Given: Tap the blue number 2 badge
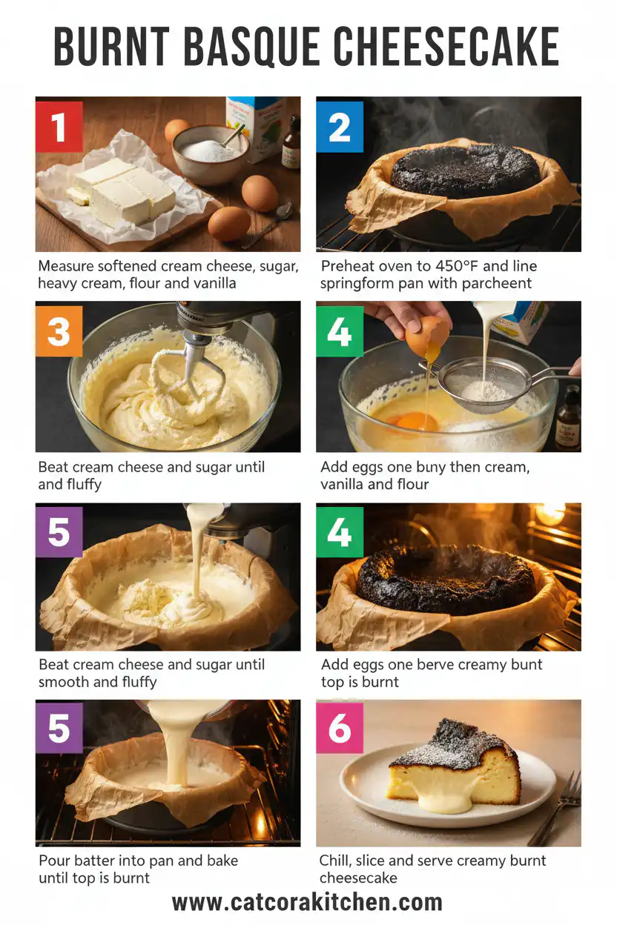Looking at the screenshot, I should click(340, 127).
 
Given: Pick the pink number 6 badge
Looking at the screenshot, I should click(340, 729).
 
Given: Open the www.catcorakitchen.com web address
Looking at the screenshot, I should click(308, 902).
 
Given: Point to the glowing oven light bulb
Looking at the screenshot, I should click(550, 514).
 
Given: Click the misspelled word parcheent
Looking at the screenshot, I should click(501, 284).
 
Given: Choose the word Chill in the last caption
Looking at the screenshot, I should click(336, 861).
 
